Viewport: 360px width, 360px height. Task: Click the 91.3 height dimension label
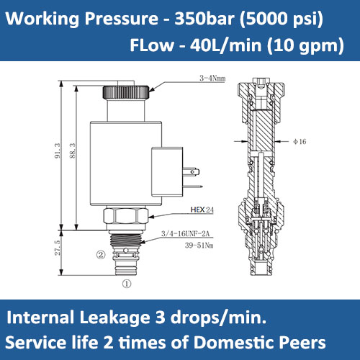tap(58, 150)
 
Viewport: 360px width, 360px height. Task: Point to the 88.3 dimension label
tap(73, 150)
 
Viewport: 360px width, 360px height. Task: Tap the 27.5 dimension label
tap(58, 248)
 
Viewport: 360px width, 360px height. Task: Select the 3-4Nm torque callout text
tap(212, 78)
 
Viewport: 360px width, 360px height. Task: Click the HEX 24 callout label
tap(202, 210)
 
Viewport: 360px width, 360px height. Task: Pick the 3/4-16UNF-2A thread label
tap(185, 233)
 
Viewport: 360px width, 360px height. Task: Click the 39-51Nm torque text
tap(199, 246)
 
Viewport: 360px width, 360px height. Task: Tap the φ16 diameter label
tap(300, 141)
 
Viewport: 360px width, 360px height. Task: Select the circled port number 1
tap(127, 284)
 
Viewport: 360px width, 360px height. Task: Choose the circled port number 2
tap(101, 254)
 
